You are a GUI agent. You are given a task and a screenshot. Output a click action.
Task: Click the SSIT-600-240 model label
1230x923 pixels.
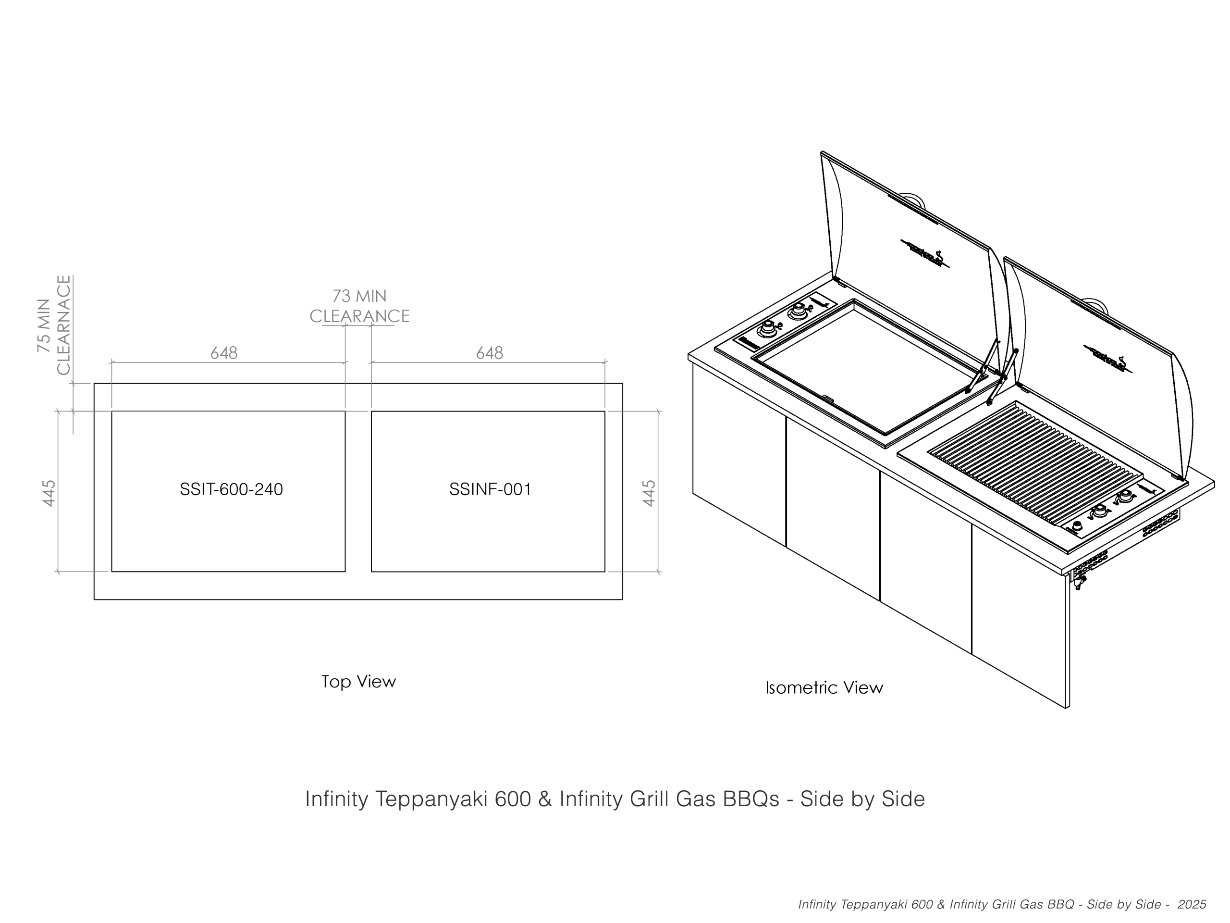(x=231, y=489)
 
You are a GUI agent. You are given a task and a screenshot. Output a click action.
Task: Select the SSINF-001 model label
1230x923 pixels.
(x=490, y=489)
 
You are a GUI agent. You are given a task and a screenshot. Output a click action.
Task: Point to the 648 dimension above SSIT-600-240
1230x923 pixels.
(x=223, y=353)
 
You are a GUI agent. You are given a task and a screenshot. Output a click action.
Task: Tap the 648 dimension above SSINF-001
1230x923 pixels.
(x=489, y=353)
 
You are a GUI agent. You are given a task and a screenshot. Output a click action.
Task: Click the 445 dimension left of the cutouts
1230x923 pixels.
(x=49, y=493)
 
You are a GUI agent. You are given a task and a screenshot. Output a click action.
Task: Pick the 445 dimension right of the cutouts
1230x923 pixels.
(x=649, y=493)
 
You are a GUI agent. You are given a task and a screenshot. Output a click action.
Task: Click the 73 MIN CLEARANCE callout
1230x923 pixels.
(x=359, y=306)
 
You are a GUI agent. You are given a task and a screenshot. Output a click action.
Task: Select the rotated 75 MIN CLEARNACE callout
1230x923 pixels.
(x=54, y=325)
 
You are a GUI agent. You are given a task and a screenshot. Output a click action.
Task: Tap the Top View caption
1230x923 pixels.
(x=358, y=682)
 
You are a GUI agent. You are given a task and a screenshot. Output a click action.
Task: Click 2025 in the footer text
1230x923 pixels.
(x=1192, y=905)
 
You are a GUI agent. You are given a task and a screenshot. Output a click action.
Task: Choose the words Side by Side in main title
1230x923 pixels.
(x=862, y=799)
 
